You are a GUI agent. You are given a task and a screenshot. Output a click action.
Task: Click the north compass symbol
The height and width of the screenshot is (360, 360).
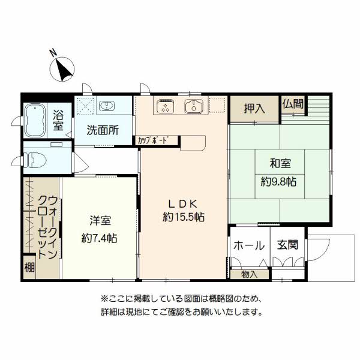pyautogui.click(x=62, y=69)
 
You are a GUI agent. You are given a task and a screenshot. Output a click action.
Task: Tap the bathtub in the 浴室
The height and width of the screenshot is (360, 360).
pyautogui.click(x=35, y=121)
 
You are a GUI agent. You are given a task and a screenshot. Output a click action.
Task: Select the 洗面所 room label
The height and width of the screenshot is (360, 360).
pyautogui.click(x=103, y=130)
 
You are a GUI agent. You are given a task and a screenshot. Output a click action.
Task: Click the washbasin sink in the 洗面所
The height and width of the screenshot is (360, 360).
pyautogui.click(x=107, y=106)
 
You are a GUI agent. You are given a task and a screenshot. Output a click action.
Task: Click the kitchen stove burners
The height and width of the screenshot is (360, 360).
pyautogui.click(x=165, y=106)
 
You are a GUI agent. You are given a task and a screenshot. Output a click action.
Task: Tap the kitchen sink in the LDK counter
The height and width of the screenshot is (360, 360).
pyautogui.click(x=194, y=106)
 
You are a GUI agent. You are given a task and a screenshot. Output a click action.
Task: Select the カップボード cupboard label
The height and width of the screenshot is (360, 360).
pyautogui.click(x=152, y=140)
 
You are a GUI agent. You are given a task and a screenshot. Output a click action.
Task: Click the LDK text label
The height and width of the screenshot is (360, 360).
pyautogui.click(x=183, y=204)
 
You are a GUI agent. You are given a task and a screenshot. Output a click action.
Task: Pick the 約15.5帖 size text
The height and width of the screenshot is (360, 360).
pyautogui.click(x=184, y=217)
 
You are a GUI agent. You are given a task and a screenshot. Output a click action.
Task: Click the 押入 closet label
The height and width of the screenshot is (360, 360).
pyautogui.click(x=254, y=108)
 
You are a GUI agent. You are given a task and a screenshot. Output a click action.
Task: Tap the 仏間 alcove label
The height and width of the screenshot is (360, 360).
pyautogui.click(x=293, y=104)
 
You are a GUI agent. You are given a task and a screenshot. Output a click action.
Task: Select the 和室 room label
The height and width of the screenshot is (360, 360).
pyautogui.click(x=280, y=163)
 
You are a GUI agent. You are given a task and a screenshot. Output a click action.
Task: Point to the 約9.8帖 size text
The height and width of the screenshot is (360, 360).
pyautogui.click(x=278, y=182)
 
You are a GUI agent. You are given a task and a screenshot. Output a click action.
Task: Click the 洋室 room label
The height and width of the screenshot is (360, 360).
pyautogui.click(x=100, y=221)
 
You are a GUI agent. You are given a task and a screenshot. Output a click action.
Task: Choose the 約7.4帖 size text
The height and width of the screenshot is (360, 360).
pyautogui.click(x=100, y=239)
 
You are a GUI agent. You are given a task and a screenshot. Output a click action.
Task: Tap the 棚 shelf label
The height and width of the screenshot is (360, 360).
pyautogui.click(x=29, y=267)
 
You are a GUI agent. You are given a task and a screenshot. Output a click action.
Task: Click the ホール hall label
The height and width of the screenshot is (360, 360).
pyautogui.click(x=249, y=245)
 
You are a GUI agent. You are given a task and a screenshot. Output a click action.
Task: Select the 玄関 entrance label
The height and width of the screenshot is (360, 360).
pyautogui.click(x=287, y=245)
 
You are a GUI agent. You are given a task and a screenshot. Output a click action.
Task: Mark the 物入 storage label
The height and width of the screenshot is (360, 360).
pyautogui.click(x=250, y=274)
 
